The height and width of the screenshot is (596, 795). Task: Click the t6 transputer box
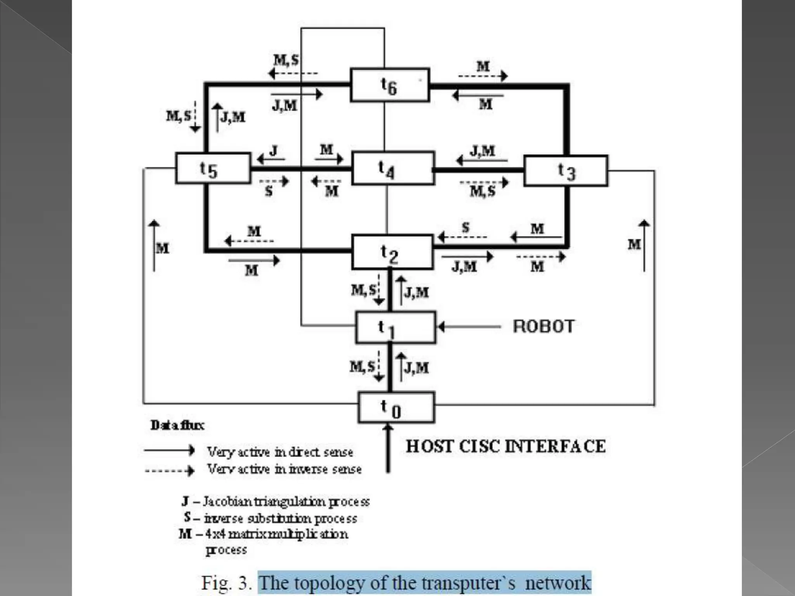click(x=390, y=85)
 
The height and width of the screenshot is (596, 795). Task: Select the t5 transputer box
click(x=213, y=168)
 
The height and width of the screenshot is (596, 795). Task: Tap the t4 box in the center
click(x=393, y=168)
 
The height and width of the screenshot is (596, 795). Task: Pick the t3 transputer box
click(x=566, y=171)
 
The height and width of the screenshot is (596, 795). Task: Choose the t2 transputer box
click(x=392, y=252)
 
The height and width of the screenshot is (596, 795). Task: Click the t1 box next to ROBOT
click(x=395, y=328)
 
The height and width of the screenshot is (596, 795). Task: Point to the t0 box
click(x=396, y=407)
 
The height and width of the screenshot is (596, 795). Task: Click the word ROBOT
click(x=543, y=327)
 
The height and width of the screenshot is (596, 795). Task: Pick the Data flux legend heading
click(x=177, y=426)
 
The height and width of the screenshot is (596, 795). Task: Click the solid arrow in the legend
click(x=169, y=450)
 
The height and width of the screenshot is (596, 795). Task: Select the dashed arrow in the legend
click(x=169, y=471)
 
